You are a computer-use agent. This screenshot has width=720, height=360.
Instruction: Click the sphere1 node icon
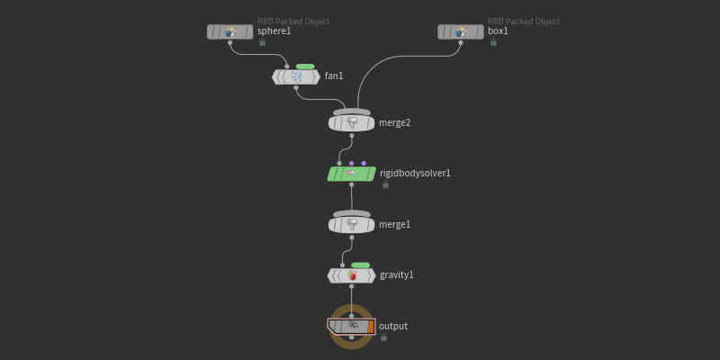coord(230,31)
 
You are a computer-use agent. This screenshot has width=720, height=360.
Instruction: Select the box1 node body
coord(461,31)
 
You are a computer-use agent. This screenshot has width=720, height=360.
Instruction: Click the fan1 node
coord(296,76)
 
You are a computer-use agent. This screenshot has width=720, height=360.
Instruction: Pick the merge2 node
coord(352,122)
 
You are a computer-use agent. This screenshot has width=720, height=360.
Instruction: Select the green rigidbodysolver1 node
coord(352,174)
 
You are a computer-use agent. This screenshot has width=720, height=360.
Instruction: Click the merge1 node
coord(352,224)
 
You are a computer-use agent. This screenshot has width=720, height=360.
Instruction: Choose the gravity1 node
coord(352,274)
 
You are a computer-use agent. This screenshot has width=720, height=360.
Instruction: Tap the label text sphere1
coord(274,31)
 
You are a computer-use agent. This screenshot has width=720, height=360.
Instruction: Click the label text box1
coord(498,31)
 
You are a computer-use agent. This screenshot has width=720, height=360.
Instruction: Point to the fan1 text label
coord(334,76)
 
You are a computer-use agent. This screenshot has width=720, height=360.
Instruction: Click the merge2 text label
coord(394,123)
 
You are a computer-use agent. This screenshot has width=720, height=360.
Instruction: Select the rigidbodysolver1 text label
coord(415,174)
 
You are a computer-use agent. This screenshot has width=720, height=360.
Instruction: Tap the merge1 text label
coord(394,224)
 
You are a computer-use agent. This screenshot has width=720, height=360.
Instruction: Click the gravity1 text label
coord(397,274)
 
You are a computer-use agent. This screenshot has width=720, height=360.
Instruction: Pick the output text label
coord(393,326)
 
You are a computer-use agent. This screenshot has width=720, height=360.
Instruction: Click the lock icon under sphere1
coord(262,42)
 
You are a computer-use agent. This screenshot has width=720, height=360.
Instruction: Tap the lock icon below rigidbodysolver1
coord(385,184)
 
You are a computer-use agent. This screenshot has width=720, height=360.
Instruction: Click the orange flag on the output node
coord(371,326)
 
